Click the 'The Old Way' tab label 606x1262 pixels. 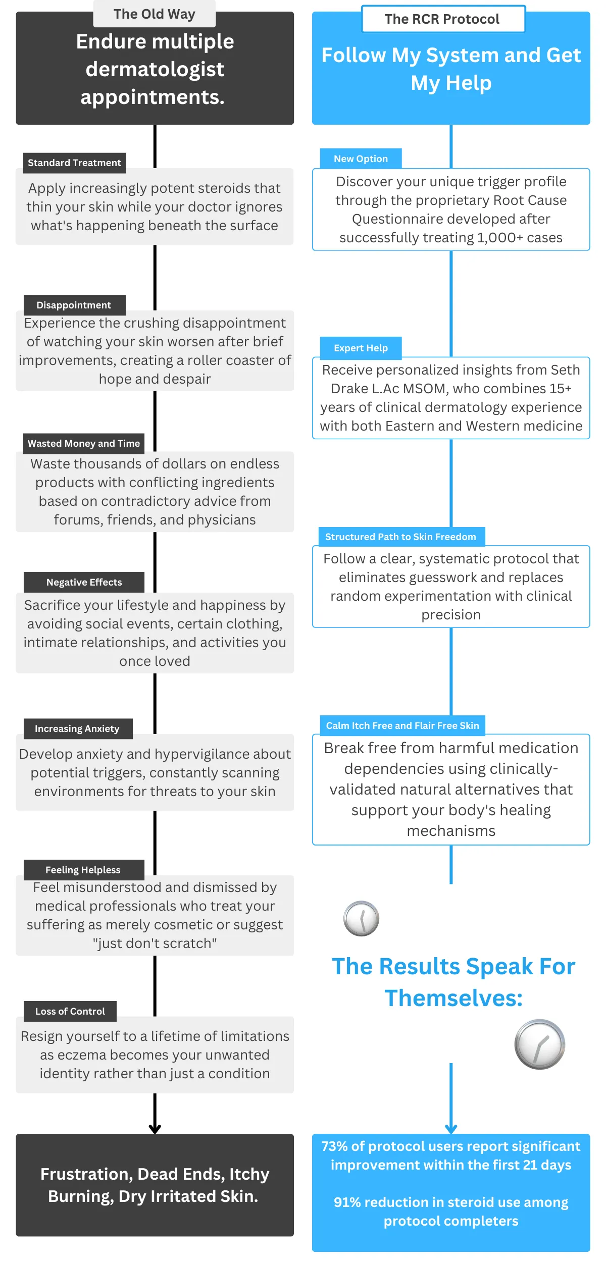154,14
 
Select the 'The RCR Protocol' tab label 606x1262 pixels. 442,19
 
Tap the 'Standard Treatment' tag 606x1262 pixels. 74,163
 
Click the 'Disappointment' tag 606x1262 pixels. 74,305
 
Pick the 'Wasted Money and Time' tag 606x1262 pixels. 84,444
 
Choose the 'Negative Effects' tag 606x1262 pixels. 84,583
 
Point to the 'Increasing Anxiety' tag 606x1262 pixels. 77,729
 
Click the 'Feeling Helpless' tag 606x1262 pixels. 83,870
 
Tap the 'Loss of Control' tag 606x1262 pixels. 70,1012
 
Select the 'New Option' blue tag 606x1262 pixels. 361,159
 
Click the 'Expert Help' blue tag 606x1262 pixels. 361,348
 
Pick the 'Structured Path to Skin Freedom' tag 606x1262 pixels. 400,537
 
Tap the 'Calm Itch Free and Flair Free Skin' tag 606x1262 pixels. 402,726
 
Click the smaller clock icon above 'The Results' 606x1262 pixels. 361,919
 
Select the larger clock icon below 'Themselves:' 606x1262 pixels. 539,1044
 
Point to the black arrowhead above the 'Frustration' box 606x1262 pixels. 155,1129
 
